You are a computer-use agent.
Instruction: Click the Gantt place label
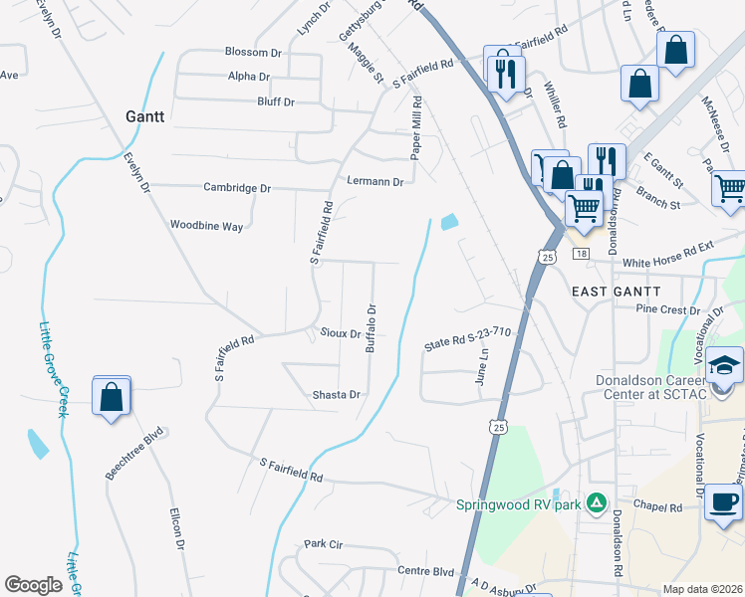pyautogui.click(x=144, y=116)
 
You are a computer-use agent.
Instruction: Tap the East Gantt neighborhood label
pyautogui.click(x=616, y=290)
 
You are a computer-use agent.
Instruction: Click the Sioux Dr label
pyautogui.click(x=340, y=333)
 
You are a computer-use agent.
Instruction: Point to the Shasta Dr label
pyautogui.click(x=336, y=395)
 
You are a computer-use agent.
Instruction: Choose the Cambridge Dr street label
pyautogui.click(x=237, y=187)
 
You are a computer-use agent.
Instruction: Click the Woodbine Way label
pyautogui.click(x=206, y=226)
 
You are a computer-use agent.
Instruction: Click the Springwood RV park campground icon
pyautogui.click(x=597, y=502)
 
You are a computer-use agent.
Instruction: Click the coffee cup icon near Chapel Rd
pyautogui.click(x=723, y=501)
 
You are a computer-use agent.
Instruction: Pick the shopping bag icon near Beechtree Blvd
pyautogui.click(x=112, y=397)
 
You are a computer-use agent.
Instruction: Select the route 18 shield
pyautogui.click(x=581, y=255)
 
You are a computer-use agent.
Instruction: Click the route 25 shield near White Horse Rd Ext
pyautogui.click(x=549, y=257)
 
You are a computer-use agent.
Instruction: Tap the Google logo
pyautogui.click(x=33, y=585)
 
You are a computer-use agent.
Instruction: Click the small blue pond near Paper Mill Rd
pyautogui.click(x=449, y=222)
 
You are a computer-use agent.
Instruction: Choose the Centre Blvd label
pyautogui.click(x=425, y=571)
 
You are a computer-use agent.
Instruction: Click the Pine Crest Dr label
pyautogui.click(x=668, y=309)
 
